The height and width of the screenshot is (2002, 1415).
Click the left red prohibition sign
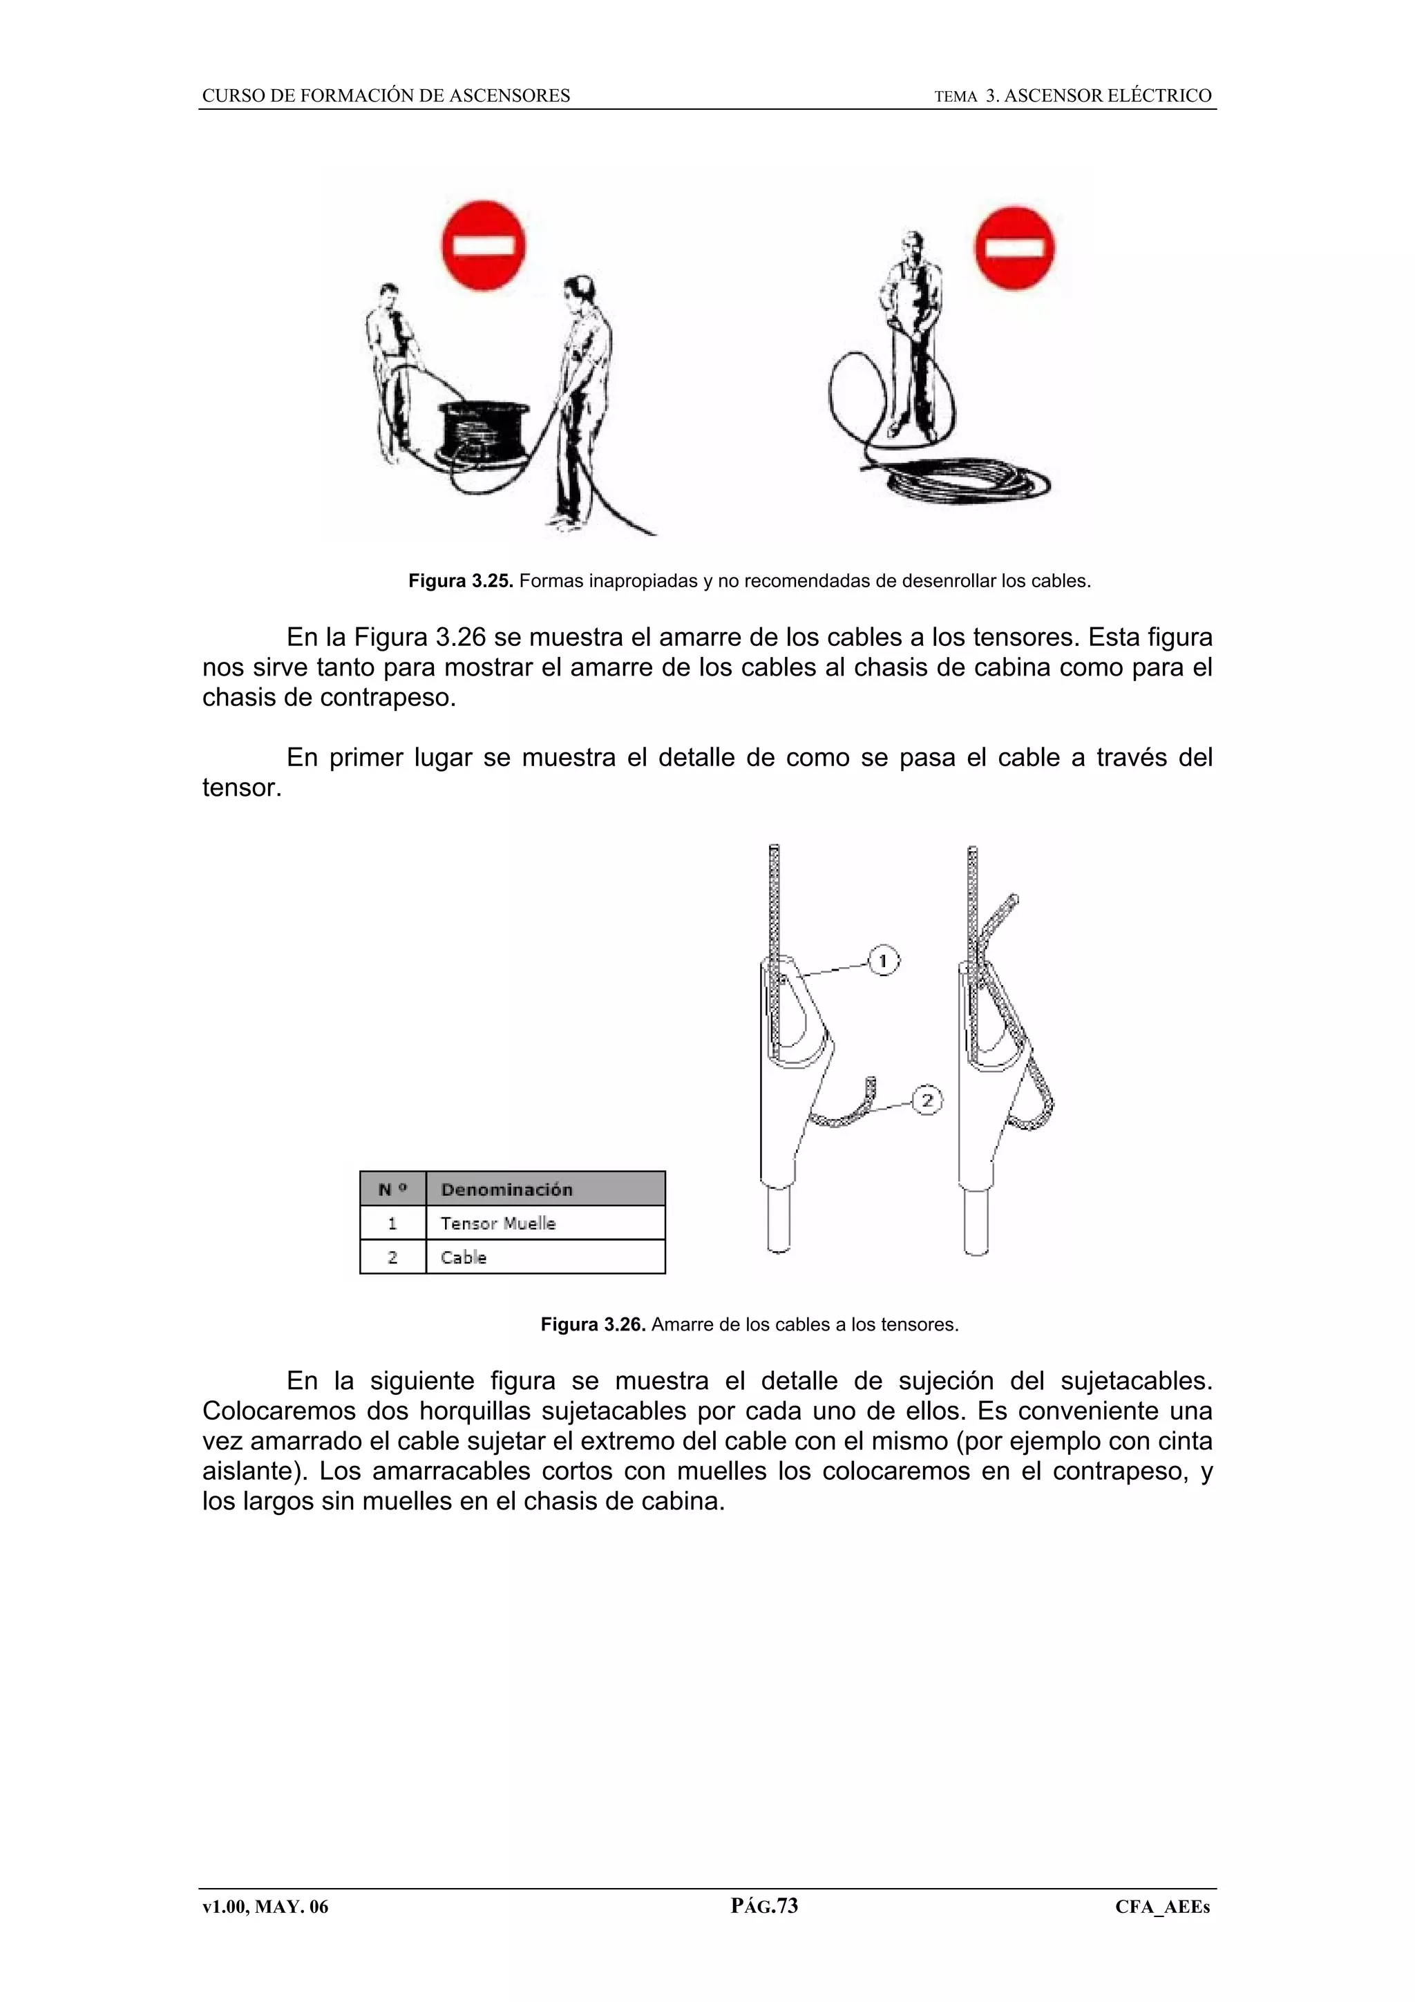[x=484, y=249]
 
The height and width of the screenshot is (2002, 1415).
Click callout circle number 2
[x=927, y=1101]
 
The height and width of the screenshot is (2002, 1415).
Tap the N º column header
[x=392, y=1190]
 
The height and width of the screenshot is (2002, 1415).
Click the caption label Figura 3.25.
[x=462, y=582]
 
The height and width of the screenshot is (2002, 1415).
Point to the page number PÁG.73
[x=763, y=1906]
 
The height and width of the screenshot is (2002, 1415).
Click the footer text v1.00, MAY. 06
[x=265, y=1907]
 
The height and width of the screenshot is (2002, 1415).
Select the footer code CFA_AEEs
[x=1162, y=1907]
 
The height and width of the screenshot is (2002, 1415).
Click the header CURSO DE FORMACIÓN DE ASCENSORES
[x=386, y=96]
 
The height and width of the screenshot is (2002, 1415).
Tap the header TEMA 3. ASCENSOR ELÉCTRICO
[x=1072, y=96]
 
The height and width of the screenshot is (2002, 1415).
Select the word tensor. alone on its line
[x=242, y=788]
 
